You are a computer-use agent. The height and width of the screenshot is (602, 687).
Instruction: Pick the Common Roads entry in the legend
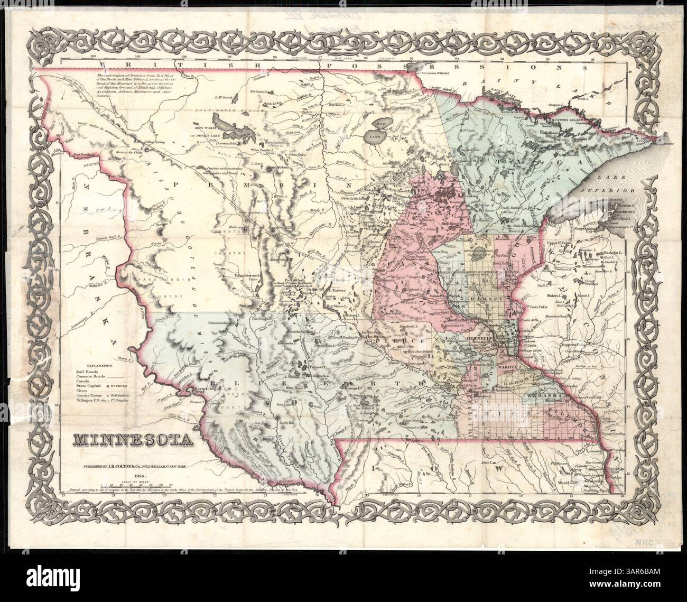click(x=88, y=376)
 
